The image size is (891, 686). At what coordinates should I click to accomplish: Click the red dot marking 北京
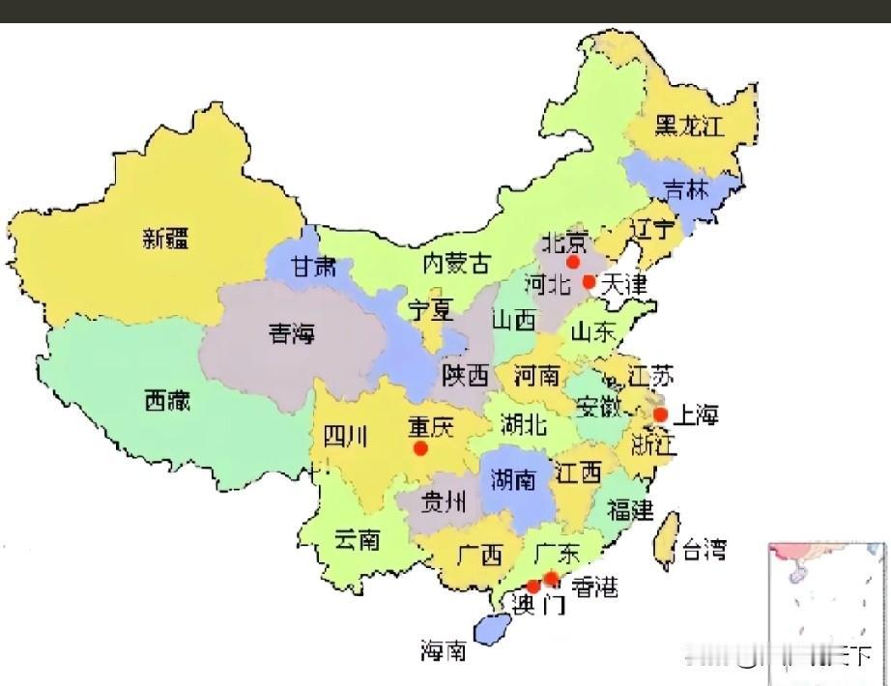pos(573,261)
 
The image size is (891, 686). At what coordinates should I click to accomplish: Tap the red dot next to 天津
pos(589,281)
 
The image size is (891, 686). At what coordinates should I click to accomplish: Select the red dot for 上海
pos(661,414)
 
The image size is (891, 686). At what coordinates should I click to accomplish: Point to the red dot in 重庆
pos(420,448)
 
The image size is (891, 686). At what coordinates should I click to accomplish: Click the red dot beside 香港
pos(551,579)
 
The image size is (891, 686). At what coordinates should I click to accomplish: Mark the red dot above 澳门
pos(532,586)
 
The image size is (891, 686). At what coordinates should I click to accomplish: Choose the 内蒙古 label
pos(456,263)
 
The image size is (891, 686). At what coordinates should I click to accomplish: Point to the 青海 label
pos(292,334)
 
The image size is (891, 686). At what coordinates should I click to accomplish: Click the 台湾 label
pos(704,551)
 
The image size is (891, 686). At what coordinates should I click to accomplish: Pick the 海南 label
pos(444,650)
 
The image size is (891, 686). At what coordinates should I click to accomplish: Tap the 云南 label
pos(357,539)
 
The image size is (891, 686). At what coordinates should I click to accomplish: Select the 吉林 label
pos(685,189)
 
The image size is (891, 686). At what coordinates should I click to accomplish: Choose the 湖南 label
pos(513,479)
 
